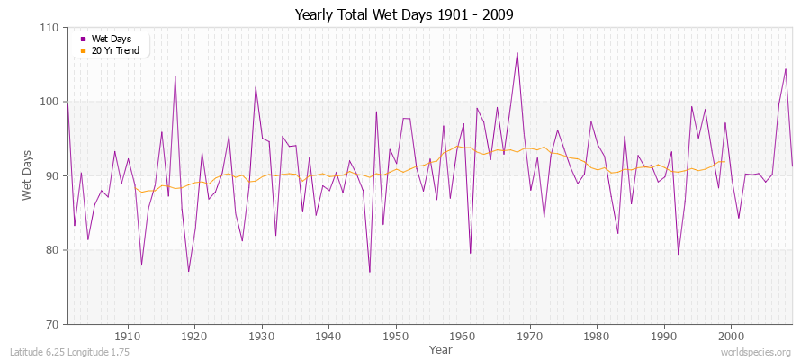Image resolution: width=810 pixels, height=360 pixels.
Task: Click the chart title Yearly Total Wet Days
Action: click(405, 15)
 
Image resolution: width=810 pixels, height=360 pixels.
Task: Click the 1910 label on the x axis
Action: click(128, 336)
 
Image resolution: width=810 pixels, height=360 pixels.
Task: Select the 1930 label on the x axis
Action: click(262, 336)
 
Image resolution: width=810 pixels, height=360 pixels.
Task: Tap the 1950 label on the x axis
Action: click(396, 336)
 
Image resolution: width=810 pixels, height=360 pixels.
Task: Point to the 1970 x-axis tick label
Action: click(530, 336)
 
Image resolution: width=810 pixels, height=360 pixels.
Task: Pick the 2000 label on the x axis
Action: click(731, 336)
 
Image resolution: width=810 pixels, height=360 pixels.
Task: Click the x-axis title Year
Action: click(441, 349)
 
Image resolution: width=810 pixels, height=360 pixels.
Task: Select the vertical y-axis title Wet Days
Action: click(27, 175)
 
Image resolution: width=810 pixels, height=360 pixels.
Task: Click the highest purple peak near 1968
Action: click(517, 52)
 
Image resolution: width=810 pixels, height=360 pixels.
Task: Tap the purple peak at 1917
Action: click(175, 76)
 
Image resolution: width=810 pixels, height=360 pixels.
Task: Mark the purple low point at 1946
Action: click(369, 272)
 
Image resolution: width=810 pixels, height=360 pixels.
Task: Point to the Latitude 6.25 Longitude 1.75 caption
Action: click(70, 352)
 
